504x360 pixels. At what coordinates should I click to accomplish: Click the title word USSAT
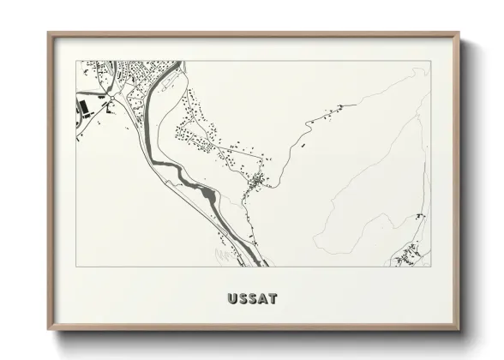point(252,299)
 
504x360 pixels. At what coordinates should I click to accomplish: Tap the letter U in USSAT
point(233,299)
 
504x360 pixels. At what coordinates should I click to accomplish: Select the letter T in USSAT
point(272,299)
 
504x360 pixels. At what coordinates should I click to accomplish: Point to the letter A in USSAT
point(262,299)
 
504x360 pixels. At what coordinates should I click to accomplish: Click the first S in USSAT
point(243,299)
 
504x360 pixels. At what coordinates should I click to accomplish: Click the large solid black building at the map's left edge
point(85,108)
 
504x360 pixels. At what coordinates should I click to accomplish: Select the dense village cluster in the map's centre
point(256,181)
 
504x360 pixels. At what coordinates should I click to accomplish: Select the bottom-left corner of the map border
point(76,266)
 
